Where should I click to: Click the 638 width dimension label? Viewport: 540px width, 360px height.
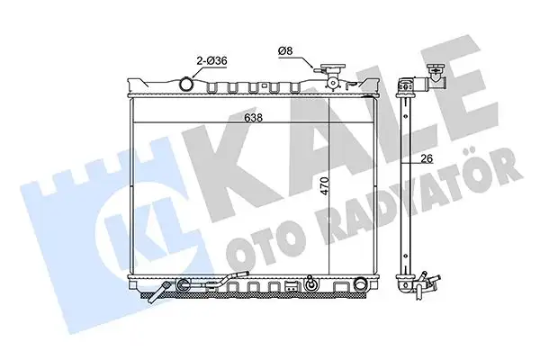point(253,118)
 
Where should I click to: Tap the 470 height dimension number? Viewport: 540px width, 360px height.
point(326,186)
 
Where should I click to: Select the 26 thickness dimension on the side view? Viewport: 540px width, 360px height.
point(427,158)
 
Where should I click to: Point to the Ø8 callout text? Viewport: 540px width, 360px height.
point(285,51)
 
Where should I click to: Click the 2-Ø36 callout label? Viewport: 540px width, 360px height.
point(211,61)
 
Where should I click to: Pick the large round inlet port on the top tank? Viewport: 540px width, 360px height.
point(186,84)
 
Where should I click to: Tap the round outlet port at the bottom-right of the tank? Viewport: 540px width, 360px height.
point(360,284)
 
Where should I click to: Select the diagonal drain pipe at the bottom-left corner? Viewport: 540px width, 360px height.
point(159,292)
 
